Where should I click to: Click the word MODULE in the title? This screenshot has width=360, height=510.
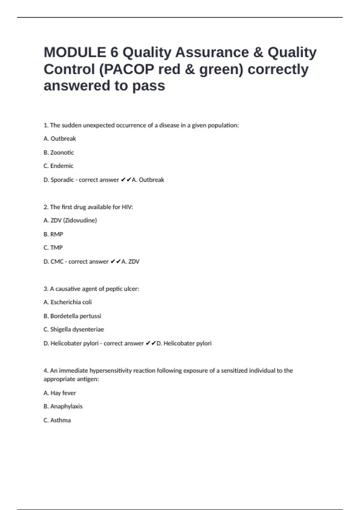coord(75,52)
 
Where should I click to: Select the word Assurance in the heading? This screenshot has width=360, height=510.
coord(212,52)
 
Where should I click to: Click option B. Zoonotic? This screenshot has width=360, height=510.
coord(59,152)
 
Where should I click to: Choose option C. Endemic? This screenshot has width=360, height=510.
coord(58,166)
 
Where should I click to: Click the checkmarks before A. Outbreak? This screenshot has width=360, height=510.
coord(126,180)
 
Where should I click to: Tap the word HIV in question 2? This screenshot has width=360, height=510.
coord(127,207)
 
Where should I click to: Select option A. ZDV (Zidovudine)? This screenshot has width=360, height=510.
coord(70,220)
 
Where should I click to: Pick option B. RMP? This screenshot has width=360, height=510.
coord(53,234)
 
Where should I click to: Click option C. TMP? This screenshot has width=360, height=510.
coord(53,248)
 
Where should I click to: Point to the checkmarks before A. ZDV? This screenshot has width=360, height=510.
coord(115,262)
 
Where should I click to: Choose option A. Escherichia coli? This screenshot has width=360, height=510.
coord(67,302)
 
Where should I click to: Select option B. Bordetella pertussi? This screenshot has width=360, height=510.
coord(72,316)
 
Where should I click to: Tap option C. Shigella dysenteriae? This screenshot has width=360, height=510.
coord(74,329)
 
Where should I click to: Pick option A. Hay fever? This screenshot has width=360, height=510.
coord(60,393)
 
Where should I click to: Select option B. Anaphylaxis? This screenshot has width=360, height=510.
coord(63,406)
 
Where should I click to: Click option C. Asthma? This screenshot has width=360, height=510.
coord(57,420)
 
